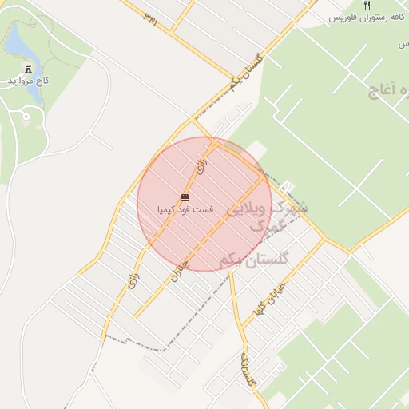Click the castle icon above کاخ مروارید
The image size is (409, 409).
[x=30, y=69]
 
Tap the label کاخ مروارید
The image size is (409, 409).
[x=30, y=81]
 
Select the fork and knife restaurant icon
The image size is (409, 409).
[x=367, y=5]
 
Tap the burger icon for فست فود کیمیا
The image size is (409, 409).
[x=185, y=197]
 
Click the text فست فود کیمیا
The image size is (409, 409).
[x=185, y=208]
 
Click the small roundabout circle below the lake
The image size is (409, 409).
[x=26, y=117]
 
